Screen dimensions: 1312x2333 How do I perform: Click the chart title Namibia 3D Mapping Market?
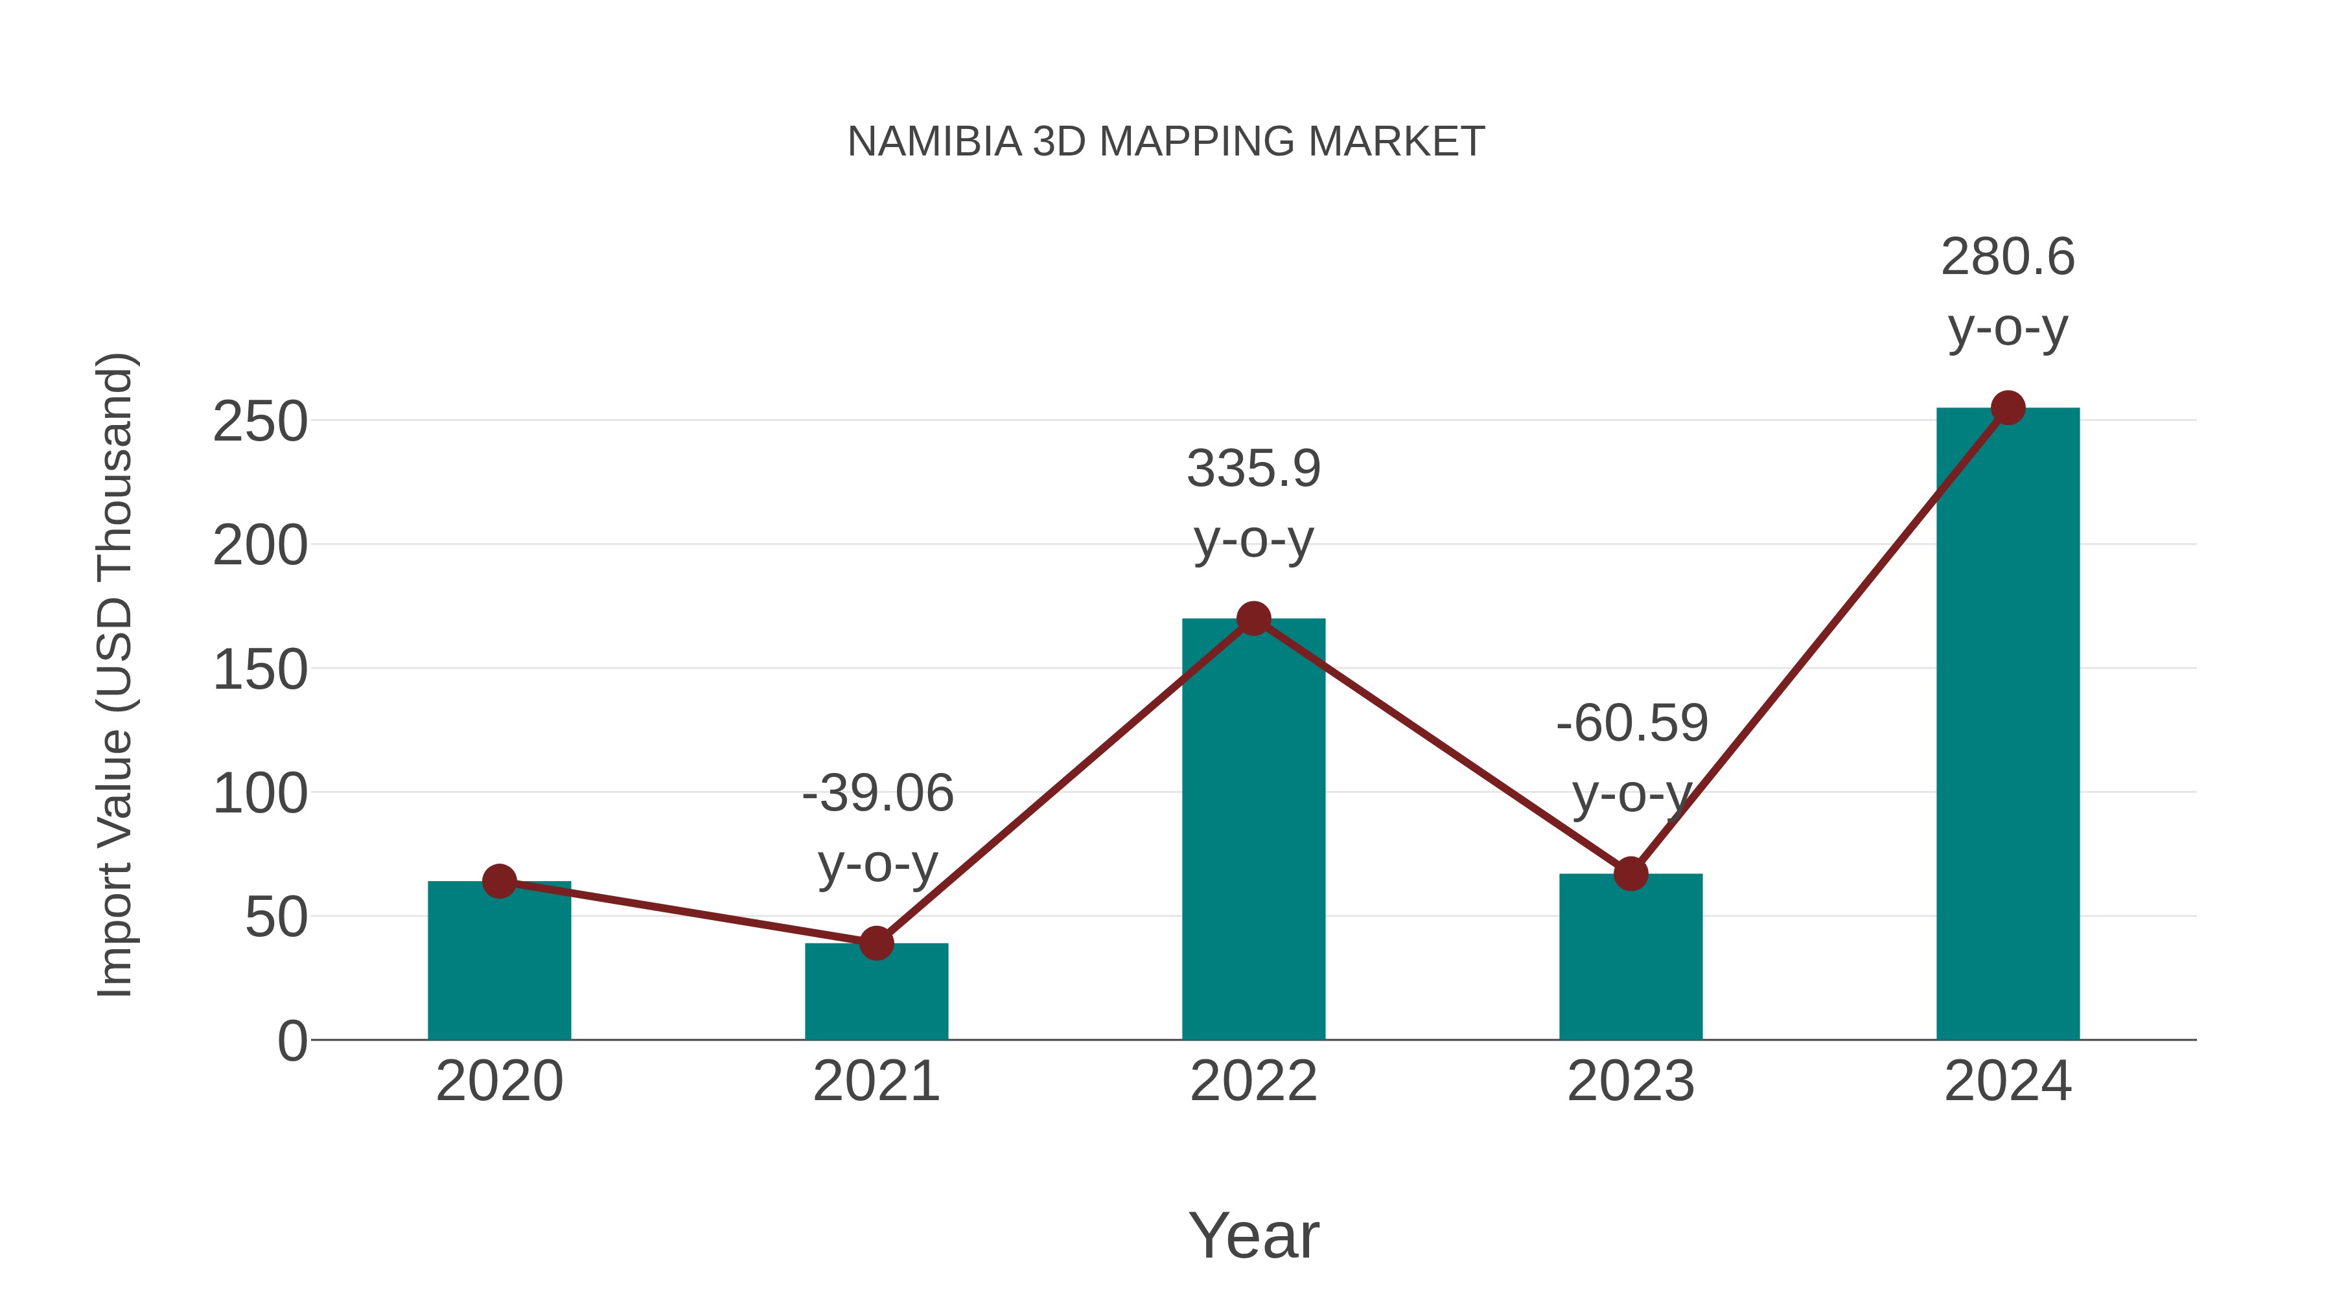pyautogui.click(x=1166, y=142)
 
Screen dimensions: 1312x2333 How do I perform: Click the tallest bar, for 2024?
pyautogui.click(x=2008, y=724)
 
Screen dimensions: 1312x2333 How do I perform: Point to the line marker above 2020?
pyautogui.click(x=499, y=881)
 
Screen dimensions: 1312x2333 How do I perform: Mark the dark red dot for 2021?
pyautogui.click(x=876, y=943)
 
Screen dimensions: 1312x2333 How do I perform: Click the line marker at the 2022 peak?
pyautogui.click(x=1253, y=619)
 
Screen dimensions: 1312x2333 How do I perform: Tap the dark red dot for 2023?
pyautogui.click(x=1631, y=874)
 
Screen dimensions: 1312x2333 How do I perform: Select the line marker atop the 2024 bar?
pyautogui.click(x=2008, y=408)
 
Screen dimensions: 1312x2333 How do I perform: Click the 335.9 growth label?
pyautogui.click(x=1253, y=470)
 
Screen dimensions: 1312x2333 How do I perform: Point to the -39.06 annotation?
pyautogui.click(x=877, y=794)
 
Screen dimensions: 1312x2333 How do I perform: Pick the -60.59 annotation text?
pyautogui.click(x=1631, y=724)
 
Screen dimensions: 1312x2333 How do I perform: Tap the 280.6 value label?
pyautogui.click(x=2007, y=257)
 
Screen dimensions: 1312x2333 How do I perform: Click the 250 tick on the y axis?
pyautogui.click(x=260, y=422)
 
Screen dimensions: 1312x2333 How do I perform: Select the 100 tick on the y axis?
pyautogui.click(x=260, y=794)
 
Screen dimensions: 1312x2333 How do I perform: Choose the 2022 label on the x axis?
pyautogui.click(x=1253, y=1081)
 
